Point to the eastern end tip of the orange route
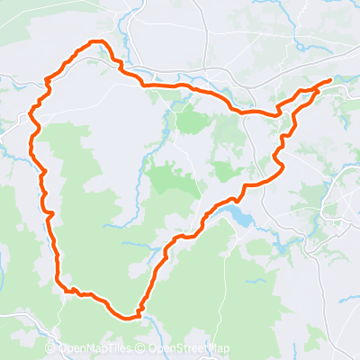[330, 80]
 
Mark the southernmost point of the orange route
[129, 317]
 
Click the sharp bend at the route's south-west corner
[61, 286]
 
